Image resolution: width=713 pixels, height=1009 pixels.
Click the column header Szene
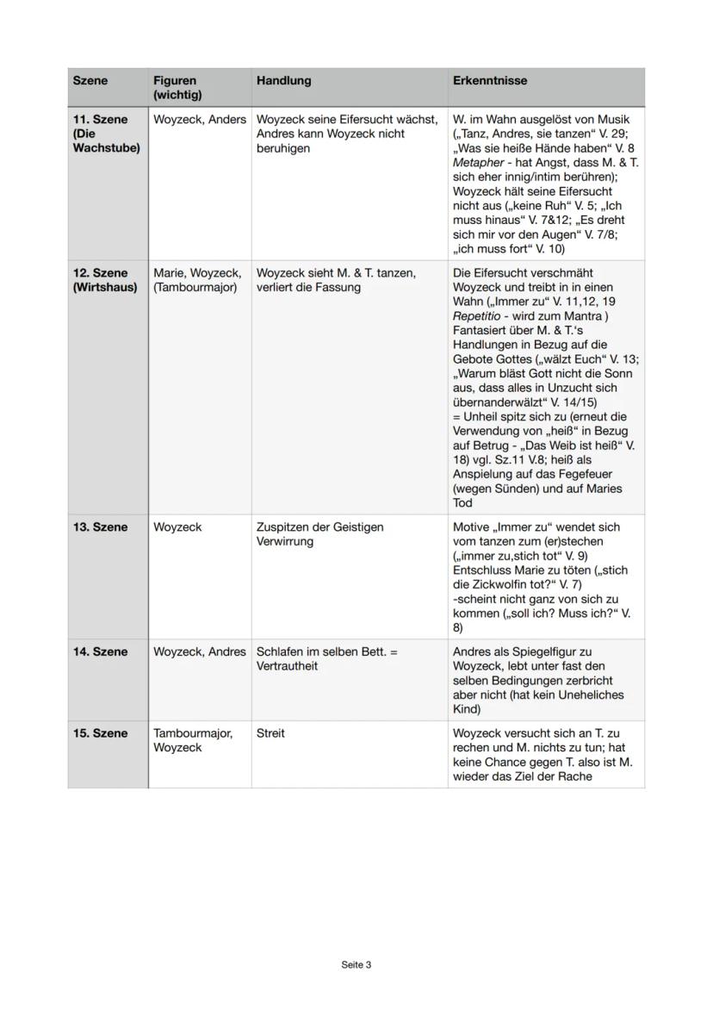point(90,81)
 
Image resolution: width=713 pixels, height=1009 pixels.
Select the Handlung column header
point(283,81)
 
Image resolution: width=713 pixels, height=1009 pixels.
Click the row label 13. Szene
point(99,527)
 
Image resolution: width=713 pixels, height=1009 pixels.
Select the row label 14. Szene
point(99,652)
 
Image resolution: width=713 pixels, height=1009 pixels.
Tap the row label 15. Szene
point(99,733)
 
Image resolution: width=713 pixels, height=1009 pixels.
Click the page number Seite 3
point(356,965)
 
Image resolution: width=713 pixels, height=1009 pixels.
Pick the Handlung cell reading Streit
point(270,733)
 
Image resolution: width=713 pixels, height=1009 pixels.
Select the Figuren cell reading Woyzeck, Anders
point(199,120)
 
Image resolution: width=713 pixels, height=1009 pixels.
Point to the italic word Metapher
point(478,163)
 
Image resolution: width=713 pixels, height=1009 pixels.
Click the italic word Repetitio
point(477,317)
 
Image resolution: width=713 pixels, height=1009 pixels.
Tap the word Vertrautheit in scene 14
point(285,666)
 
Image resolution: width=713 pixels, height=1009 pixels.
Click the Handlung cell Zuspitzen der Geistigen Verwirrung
point(319,534)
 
